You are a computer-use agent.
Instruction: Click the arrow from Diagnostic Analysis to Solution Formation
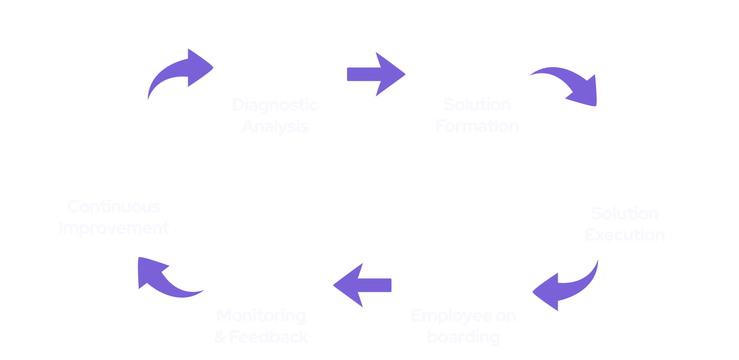coord(375,74)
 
